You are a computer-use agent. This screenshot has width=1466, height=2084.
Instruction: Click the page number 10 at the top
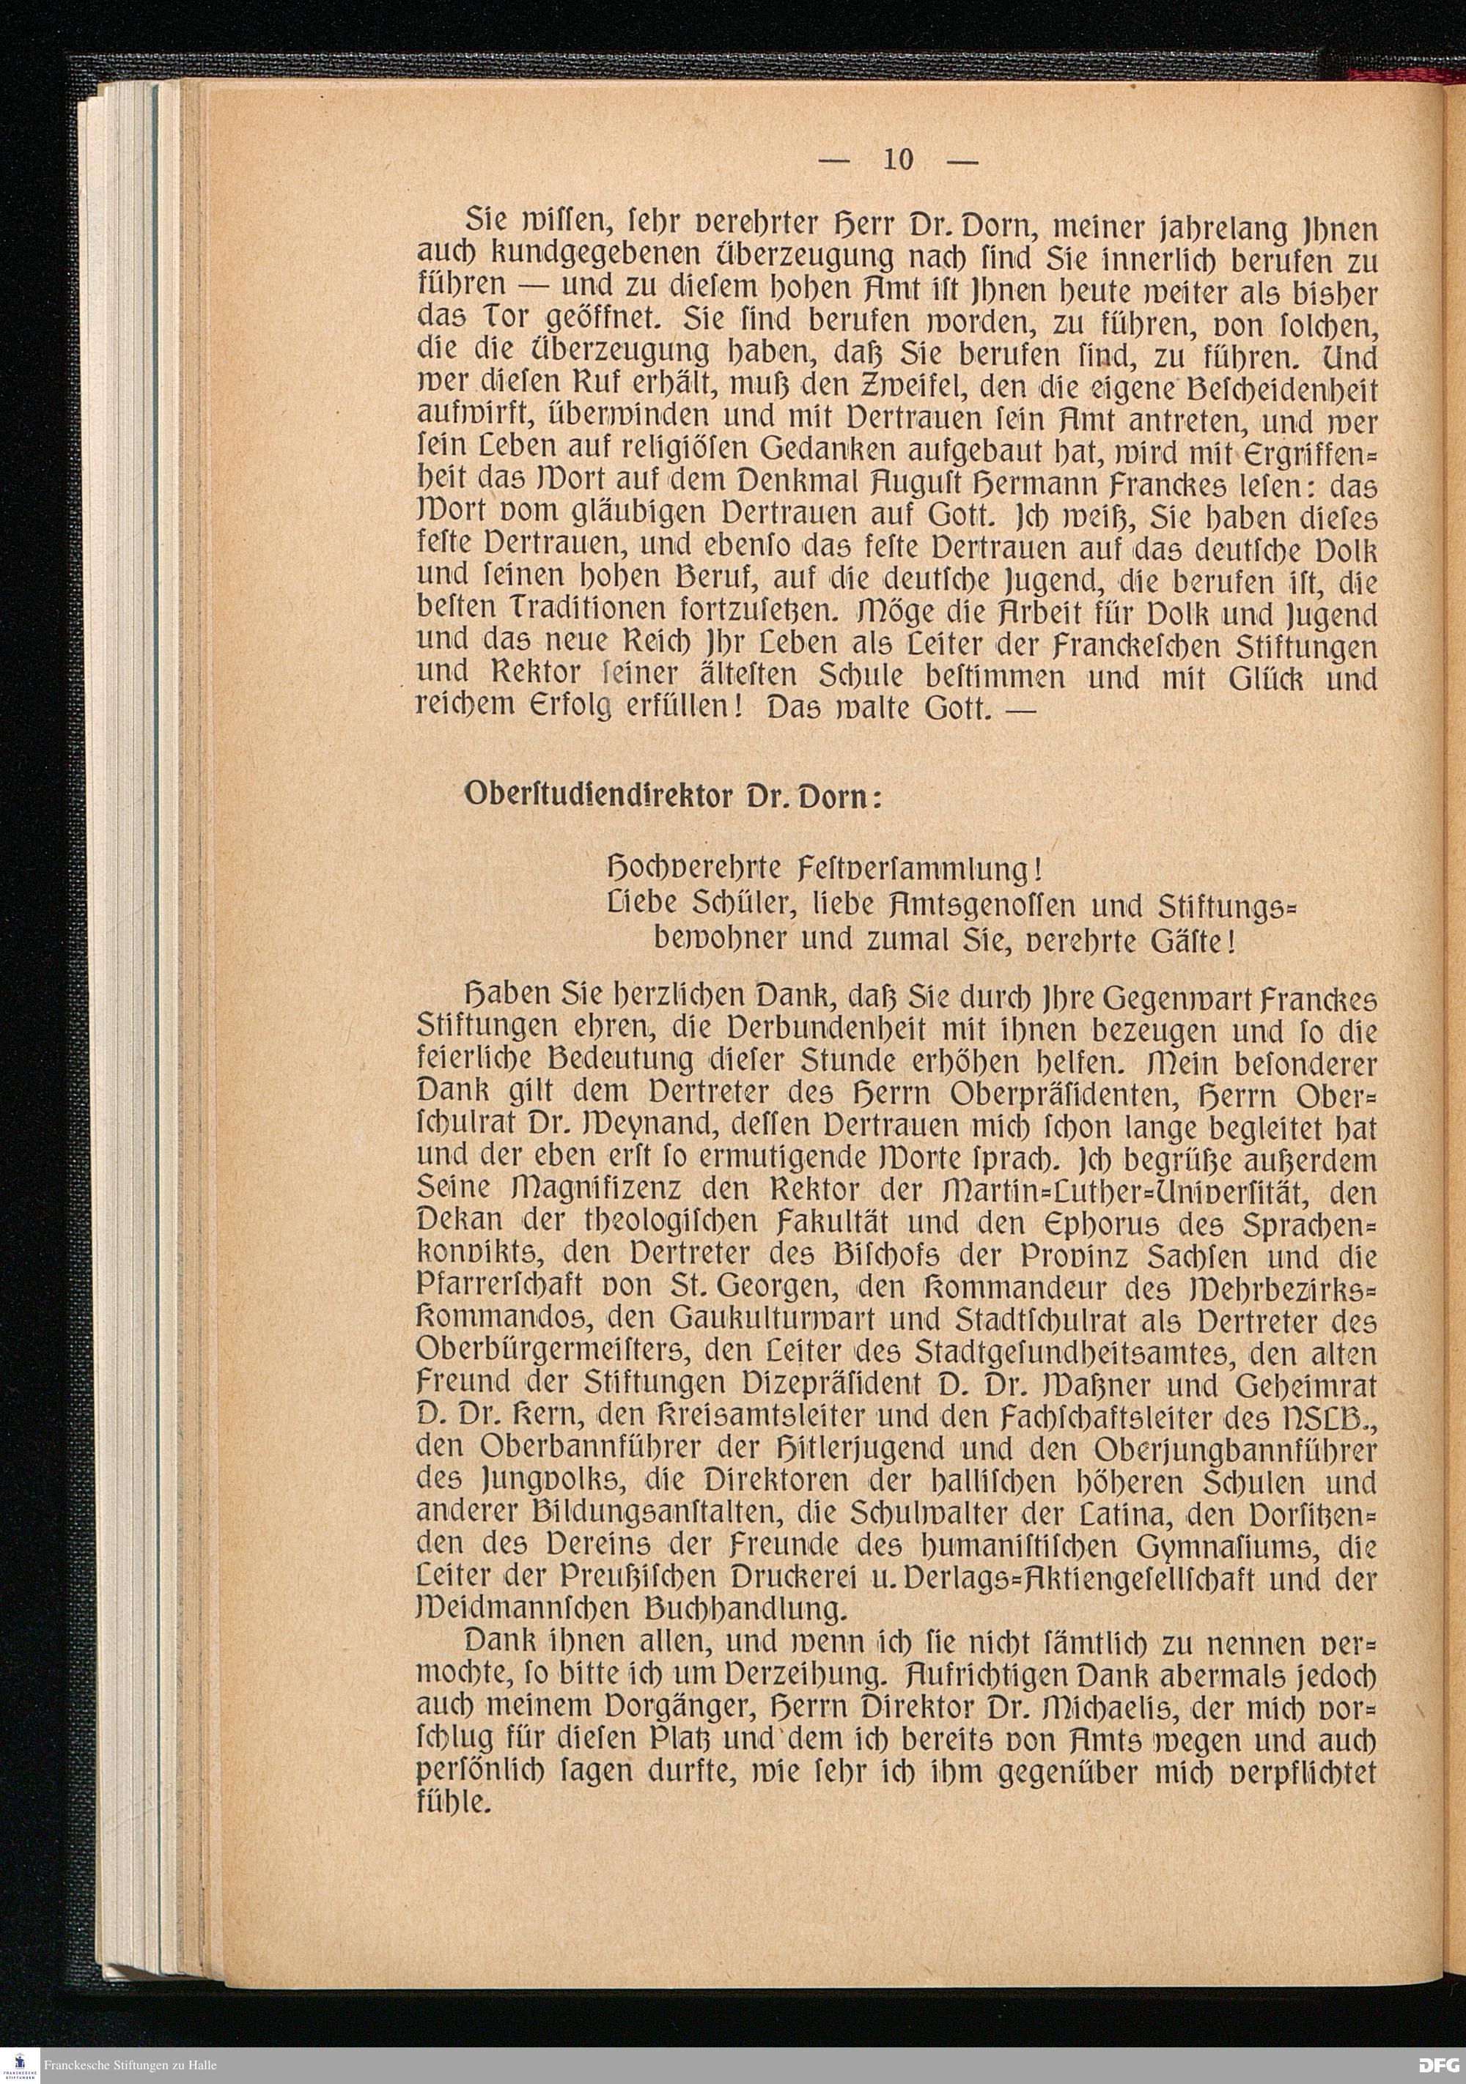898,160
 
